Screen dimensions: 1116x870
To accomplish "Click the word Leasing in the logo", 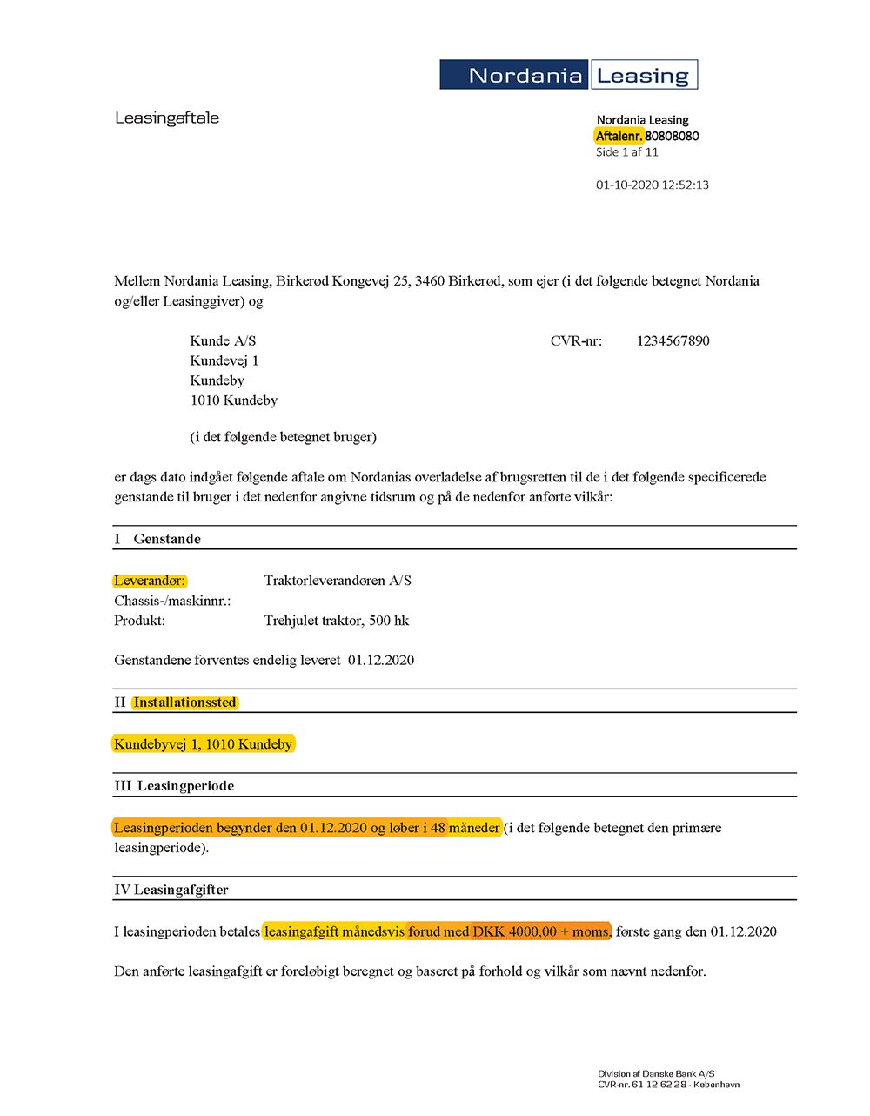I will (x=643, y=76).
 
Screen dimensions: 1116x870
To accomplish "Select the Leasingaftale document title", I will (x=167, y=118).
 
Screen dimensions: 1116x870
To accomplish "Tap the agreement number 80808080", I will (x=672, y=136).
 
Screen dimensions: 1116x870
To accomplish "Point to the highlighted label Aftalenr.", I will (x=619, y=136).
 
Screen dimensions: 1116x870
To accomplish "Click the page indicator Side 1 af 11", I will (x=626, y=152).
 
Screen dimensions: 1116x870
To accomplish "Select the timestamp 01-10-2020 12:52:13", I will (x=652, y=185).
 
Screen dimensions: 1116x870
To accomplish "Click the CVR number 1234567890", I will (x=673, y=341).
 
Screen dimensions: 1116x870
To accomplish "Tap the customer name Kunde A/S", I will (x=223, y=341).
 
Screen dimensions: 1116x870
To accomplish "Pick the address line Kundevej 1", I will (x=224, y=361).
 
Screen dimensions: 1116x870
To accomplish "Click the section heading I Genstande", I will (x=157, y=539).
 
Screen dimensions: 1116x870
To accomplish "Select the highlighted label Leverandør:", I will (x=150, y=581).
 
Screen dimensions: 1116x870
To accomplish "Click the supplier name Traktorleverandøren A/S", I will (x=338, y=581).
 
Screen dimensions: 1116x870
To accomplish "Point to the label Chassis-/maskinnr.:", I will (x=172, y=601).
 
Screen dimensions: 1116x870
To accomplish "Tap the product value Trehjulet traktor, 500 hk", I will (x=336, y=621).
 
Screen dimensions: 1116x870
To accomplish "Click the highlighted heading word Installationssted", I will (x=184, y=703).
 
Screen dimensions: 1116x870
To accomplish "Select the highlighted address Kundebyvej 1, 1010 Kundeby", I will (x=203, y=744).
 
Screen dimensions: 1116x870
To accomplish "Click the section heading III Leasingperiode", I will (x=174, y=786).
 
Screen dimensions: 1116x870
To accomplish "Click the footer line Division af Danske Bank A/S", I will (x=656, y=1074).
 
